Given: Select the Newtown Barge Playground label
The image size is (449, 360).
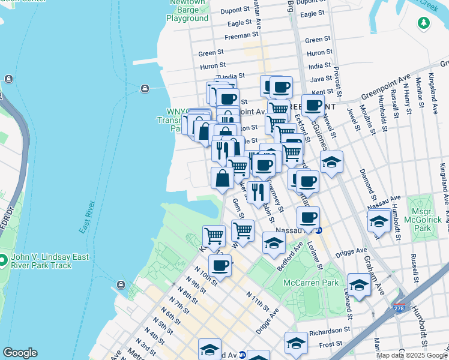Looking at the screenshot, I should click(187, 14).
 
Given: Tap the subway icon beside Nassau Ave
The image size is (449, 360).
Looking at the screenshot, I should click(319, 230).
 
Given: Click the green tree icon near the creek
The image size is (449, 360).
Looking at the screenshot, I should click(424, 22).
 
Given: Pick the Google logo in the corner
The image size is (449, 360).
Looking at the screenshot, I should click(20, 353).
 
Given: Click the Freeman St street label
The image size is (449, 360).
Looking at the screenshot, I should click(241, 35).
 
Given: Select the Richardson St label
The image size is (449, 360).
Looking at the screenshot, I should click(330, 330).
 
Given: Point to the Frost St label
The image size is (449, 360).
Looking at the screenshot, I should click(331, 346).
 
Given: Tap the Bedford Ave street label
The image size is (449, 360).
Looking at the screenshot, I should click(291, 255).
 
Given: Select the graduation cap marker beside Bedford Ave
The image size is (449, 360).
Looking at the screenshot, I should click(274, 242).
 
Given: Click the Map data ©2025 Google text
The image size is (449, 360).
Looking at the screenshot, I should click(412, 355).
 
